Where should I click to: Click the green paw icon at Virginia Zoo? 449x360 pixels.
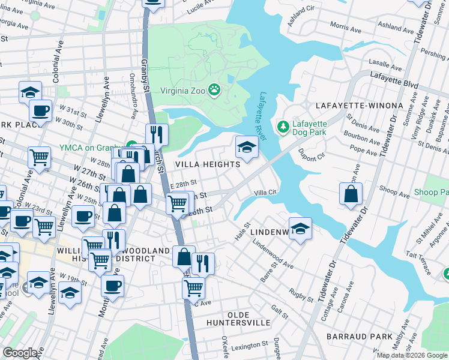click(x=214, y=91)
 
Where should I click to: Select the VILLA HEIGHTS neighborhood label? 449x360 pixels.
click(x=208, y=164)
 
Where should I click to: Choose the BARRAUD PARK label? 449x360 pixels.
click(x=360, y=337)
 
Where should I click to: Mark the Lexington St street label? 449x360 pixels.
click(x=249, y=346)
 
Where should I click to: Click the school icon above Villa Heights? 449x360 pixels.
click(x=247, y=146)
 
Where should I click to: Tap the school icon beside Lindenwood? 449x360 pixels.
click(x=300, y=228)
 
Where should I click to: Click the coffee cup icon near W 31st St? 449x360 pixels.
click(x=41, y=110)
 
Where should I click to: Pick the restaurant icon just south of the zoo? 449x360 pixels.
click(x=157, y=134)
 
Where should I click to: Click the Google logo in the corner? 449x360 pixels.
click(x=20, y=353)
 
